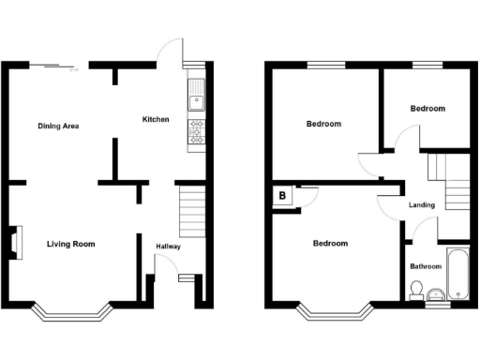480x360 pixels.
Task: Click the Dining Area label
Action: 57,126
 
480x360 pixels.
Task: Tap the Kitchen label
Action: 155,119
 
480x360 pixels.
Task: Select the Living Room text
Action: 71,244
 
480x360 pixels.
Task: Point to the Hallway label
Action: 169,247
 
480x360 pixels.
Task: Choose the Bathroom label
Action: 426,266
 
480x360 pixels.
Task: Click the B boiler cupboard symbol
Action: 281,196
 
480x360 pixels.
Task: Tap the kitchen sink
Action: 197,96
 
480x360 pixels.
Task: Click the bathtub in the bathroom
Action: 458,273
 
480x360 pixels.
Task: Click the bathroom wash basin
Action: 435,296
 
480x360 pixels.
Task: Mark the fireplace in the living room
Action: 16,240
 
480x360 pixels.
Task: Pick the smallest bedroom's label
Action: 427,109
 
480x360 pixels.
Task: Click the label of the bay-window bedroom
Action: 330,244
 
